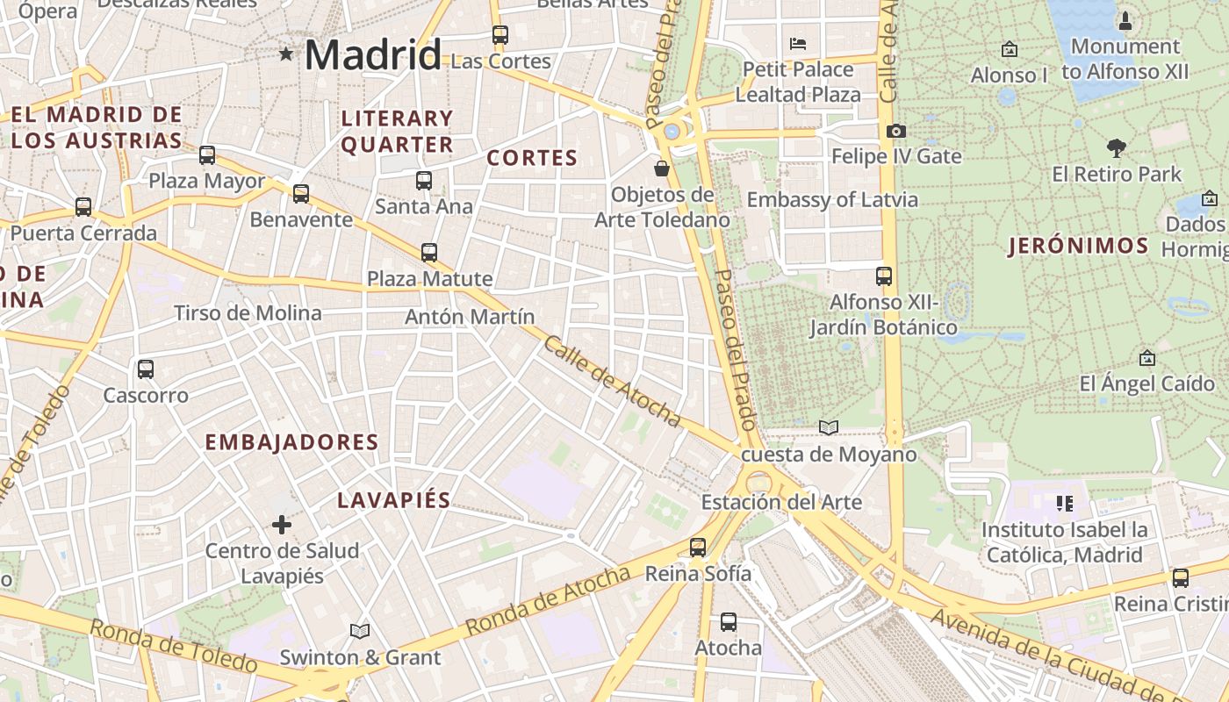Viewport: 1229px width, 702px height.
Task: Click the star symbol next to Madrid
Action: [285, 54]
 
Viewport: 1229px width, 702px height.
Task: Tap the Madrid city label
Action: [373, 55]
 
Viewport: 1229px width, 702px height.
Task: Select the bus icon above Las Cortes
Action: [500, 35]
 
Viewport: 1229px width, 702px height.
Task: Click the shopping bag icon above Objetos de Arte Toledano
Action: [662, 168]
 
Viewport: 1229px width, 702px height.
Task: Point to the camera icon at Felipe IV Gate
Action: [895, 131]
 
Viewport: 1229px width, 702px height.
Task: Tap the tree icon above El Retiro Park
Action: [1117, 147]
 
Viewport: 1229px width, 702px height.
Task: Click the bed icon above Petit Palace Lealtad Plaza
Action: [798, 43]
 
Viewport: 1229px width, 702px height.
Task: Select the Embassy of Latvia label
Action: [832, 199]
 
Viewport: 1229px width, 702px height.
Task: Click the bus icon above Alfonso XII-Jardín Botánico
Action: [884, 276]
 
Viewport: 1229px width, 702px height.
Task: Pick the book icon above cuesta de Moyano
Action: [829, 427]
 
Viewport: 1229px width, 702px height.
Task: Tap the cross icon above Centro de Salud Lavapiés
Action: [282, 525]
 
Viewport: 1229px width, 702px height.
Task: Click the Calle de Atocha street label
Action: [612, 381]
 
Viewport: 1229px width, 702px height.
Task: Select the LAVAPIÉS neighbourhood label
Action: [394, 500]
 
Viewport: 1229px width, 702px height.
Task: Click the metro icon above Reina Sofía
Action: [698, 547]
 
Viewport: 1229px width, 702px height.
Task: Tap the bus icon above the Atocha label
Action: [728, 621]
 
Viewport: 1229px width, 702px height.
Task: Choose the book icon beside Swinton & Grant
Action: [360, 631]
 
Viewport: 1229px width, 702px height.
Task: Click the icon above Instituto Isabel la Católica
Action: [1065, 503]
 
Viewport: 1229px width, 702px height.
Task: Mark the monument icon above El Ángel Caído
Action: [1146, 358]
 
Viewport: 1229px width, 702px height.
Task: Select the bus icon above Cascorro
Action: [146, 369]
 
